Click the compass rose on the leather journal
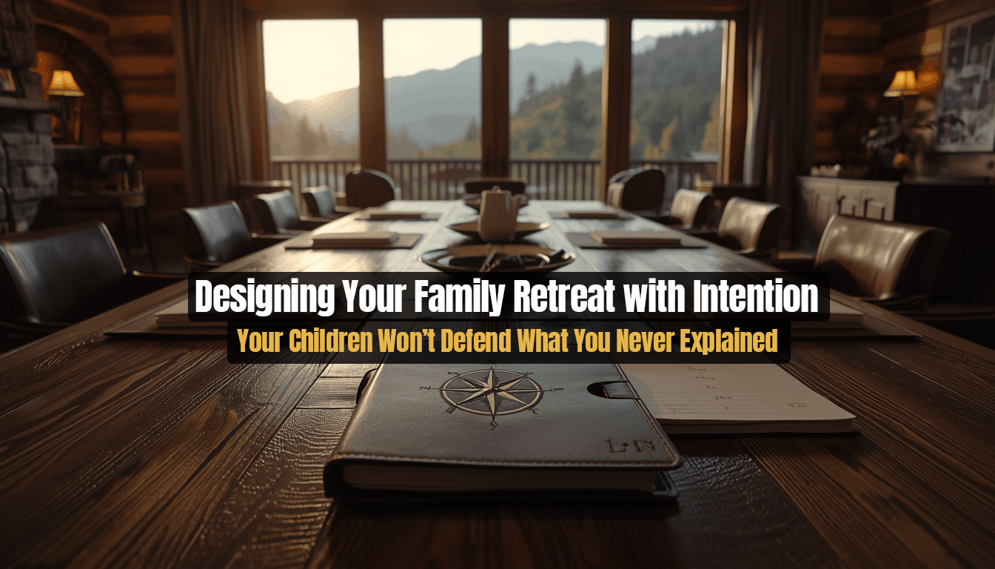491,390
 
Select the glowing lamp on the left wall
65,84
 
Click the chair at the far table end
495,185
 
